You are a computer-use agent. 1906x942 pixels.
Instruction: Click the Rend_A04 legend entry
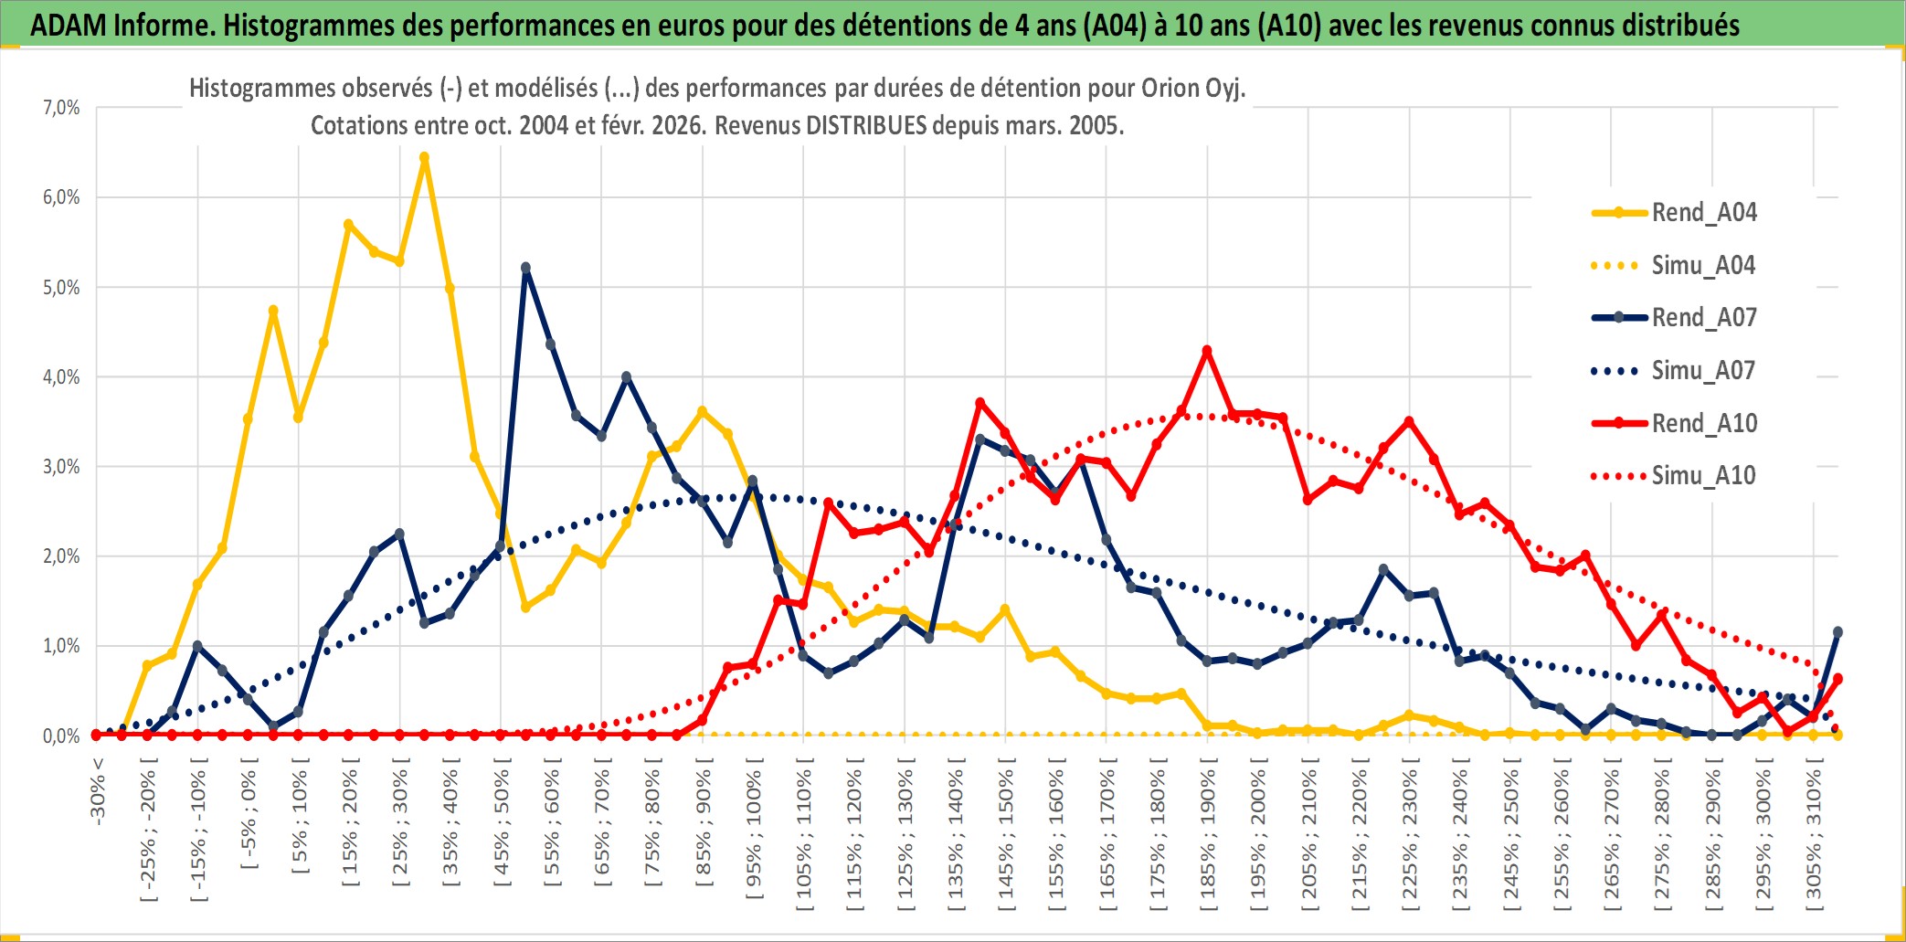(1703, 213)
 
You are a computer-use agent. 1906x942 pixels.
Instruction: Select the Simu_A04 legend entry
(1703, 266)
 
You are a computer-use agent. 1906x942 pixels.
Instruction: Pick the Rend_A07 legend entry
(1703, 318)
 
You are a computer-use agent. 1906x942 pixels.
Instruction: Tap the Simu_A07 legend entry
(1703, 371)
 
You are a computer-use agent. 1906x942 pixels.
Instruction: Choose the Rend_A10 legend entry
(1703, 423)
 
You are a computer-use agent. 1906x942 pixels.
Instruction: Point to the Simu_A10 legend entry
(1703, 475)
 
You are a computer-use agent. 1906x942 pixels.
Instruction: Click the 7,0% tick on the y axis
(61, 108)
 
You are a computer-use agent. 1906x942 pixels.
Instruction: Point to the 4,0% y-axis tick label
(61, 376)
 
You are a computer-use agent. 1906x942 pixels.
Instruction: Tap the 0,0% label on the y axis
(61, 736)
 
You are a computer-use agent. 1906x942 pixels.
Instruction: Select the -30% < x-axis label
(98, 791)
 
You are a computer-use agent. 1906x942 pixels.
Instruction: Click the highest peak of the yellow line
(424, 157)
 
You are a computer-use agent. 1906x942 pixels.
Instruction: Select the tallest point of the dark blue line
(525, 268)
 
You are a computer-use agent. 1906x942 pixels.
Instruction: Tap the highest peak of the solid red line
(1207, 351)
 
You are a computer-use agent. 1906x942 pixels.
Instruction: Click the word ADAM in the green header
(69, 25)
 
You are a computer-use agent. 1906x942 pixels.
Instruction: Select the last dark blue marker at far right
(1837, 632)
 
